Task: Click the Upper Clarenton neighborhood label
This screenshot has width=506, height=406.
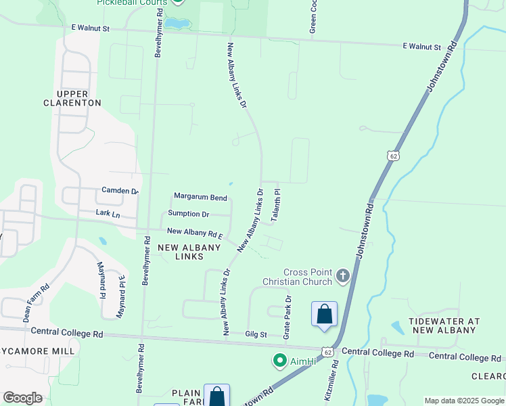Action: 72,98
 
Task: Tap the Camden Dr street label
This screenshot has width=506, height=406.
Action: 120,191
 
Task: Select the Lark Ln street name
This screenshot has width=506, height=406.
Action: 108,215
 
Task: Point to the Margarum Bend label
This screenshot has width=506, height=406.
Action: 200,197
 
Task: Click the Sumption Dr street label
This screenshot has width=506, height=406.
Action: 188,214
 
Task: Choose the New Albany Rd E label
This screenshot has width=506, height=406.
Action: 195,232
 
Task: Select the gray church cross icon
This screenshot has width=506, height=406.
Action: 343,275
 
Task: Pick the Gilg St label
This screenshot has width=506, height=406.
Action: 256,334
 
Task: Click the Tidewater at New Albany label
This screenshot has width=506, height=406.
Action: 444,325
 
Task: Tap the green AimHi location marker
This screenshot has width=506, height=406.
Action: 278,361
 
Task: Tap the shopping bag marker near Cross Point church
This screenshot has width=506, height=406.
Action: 324,314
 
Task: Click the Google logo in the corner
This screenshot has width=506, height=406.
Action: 22,398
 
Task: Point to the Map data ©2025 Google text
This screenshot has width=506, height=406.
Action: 463,401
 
